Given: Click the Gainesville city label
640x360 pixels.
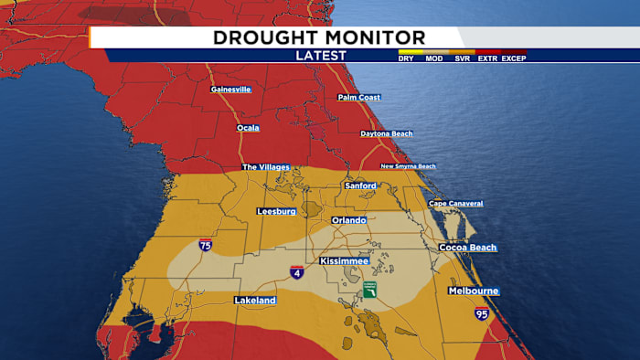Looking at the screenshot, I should (x=230, y=90).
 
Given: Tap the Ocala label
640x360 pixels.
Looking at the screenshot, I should (x=248, y=128).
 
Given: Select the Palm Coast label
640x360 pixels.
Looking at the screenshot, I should (x=358, y=97).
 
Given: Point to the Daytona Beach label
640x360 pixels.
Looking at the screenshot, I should (x=386, y=133).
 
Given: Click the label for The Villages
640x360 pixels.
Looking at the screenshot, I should (x=265, y=167).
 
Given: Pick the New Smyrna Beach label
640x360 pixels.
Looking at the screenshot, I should (x=408, y=166).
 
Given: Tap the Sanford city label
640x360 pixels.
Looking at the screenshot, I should (x=360, y=185).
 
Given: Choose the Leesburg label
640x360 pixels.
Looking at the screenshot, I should (x=276, y=211).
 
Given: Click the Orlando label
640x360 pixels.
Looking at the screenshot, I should (x=348, y=220).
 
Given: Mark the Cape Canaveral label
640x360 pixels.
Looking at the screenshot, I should (x=455, y=203).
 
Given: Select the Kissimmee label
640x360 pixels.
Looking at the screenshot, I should (x=344, y=261).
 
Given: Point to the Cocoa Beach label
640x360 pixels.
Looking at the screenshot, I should (x=467, y=248).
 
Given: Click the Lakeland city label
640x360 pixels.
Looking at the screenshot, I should (x=255, y=300).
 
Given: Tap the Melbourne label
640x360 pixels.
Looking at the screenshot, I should (x=473, y=291).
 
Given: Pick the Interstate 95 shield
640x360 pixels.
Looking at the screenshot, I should (x=482, y=313).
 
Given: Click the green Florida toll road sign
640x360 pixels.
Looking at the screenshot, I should (x=369, y=289).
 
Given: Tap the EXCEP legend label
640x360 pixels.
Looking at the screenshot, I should (x=514, y=58).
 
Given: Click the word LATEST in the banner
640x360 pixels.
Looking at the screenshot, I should (x=321, y=56).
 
